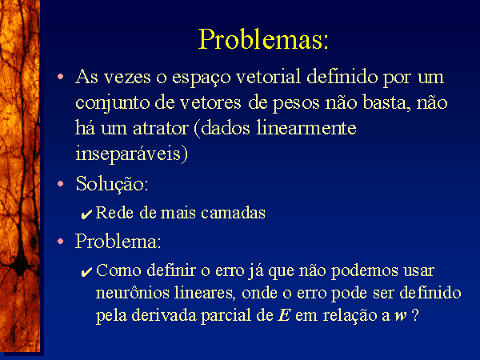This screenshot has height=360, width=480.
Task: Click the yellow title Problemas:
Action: [x=263, y=39]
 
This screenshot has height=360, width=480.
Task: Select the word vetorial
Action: [x=269, y=76]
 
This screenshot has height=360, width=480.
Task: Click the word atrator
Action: [x=161, y=128]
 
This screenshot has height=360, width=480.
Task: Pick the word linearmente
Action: [x=306, y=127]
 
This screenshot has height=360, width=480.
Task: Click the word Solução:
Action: [x=112, y=184]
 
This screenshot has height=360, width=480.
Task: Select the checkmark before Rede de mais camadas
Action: [x=86, y=214]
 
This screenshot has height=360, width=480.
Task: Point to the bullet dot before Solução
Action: [x=61, y=184]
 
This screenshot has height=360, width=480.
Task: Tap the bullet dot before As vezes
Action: [x=61, y=76]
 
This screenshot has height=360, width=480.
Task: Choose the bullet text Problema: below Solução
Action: [x=118, y=242]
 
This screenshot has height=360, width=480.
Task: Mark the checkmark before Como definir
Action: [x=86, y=272]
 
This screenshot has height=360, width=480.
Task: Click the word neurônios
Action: [x=132, y=292]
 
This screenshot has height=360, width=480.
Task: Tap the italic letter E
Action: [x=284, y=315]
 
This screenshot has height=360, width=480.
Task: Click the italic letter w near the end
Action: [x=401, y=317]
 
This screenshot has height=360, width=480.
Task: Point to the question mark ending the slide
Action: [x=415, y=315]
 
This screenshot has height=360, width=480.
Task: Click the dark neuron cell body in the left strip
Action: [x=21, y=264]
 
